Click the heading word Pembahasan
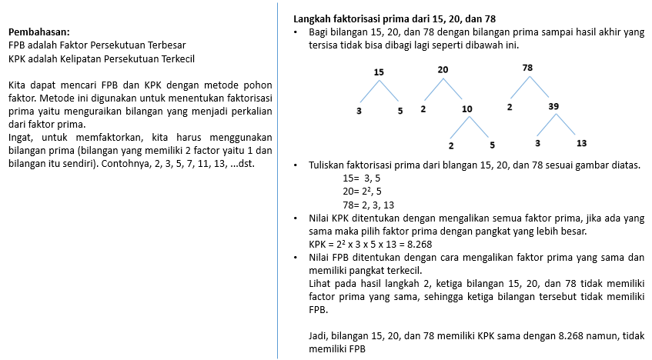(38, 32)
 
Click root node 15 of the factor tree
(378, 72)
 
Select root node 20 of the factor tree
(443, 70)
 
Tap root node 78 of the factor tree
(527, 68)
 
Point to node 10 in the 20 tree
(467, 108)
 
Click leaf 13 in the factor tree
(581, 142)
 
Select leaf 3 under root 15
(359, 111)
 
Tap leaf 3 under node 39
(538, 142)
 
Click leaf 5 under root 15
(400, 111)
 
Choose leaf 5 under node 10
(492, 144)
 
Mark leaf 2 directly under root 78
(510, 106)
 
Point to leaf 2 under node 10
(452, 144)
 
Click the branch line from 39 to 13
(567, 124)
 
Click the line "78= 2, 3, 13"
(368, 205)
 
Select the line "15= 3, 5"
(361, 178)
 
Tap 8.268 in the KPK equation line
(416, 245)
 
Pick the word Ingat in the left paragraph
(22, 138)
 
